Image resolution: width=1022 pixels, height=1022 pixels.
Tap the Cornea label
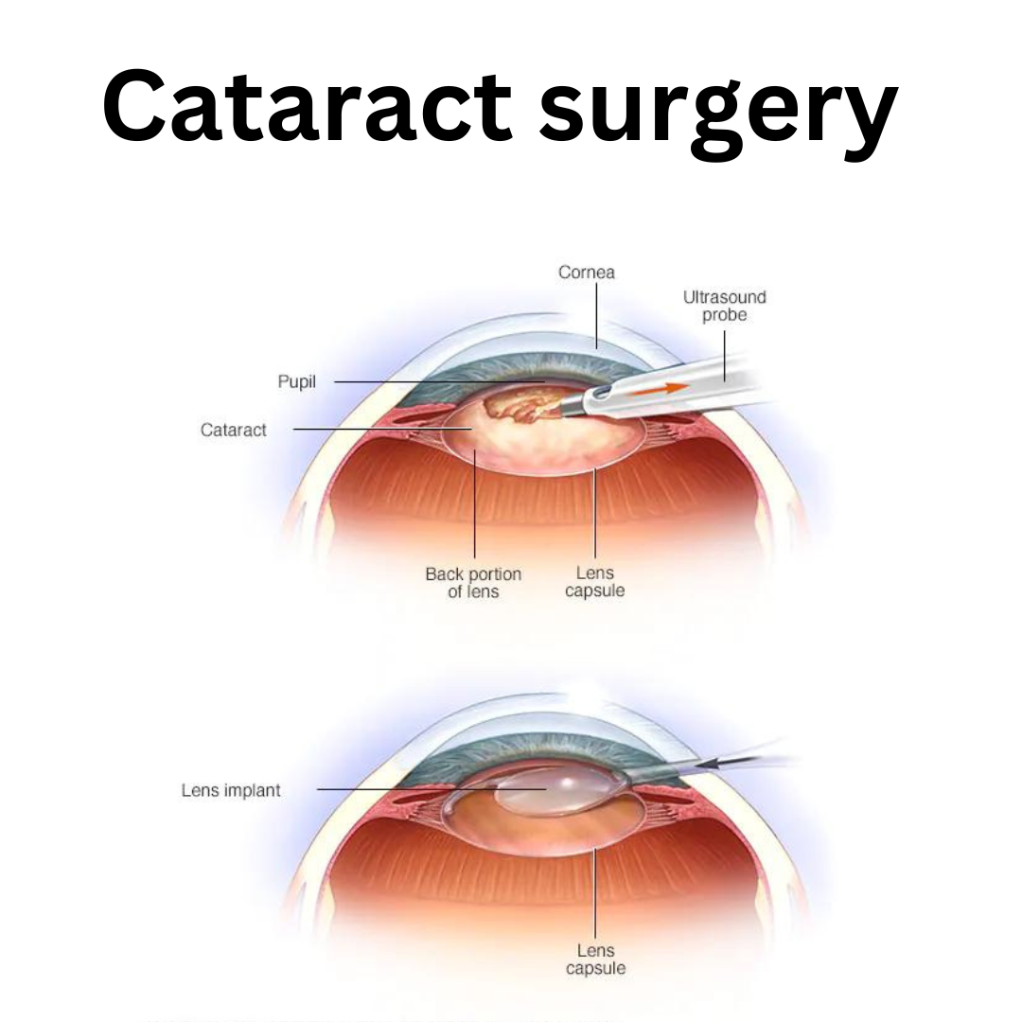click(586, 272)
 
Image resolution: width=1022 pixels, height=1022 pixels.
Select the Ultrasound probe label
click(724, 306)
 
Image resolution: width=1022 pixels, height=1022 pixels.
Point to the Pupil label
click(296, 381)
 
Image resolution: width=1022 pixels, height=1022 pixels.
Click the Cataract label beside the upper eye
click(234, 430)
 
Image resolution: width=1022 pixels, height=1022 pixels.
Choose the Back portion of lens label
click(473, 583)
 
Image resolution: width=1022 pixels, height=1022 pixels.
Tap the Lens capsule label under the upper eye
click(594, 581)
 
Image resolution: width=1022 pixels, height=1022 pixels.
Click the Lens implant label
click(231, 790)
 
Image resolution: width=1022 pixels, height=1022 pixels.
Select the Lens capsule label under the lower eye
click(595, 960)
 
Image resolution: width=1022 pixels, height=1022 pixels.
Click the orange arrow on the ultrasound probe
click(659, 390)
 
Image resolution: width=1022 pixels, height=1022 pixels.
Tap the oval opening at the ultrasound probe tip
click(601, 393)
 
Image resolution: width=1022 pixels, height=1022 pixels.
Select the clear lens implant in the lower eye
click(555, 790)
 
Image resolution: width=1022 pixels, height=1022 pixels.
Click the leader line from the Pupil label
click(439, 382)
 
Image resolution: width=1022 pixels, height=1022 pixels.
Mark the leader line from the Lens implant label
click(432, 789)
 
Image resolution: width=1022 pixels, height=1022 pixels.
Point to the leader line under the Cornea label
click(596, 315)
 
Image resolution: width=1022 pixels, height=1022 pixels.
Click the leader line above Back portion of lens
click(474, 503)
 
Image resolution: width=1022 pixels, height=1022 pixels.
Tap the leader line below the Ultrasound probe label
click(724, 356)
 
